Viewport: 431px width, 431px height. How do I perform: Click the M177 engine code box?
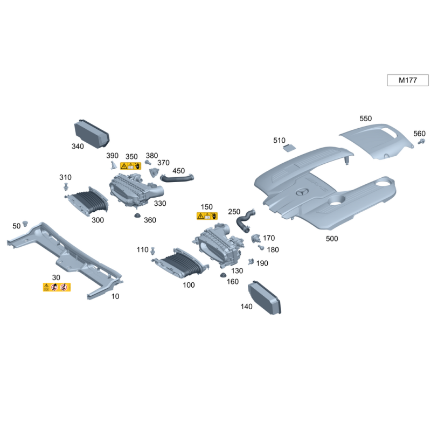(408, 80)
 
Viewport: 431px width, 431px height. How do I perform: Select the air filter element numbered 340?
(91, 133)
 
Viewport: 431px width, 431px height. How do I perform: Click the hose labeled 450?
(177, 176)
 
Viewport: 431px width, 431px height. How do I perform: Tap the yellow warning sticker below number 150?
(207, 216)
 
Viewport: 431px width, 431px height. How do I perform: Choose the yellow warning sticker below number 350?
(131, 166)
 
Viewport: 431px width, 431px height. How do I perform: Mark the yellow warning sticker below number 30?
(57, 287)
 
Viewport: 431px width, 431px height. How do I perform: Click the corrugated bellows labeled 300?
(89, 202)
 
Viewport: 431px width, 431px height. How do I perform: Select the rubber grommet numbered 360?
(137, 216)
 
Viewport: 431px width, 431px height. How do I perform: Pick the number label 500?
(332, 239)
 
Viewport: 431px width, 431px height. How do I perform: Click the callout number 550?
(366, 118)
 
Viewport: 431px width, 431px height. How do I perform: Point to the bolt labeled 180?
(261, 248)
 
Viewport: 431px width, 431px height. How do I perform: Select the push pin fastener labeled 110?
(155, 250)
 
